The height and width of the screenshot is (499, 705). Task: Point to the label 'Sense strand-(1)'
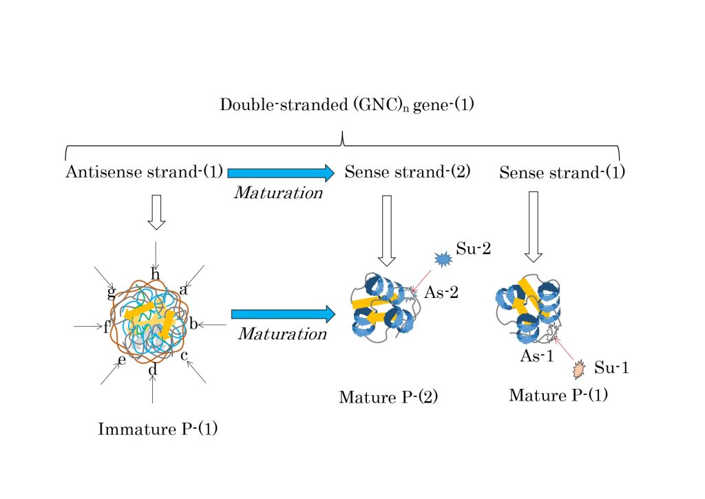point(562,172)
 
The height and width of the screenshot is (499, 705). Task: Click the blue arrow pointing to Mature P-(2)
point(283,314)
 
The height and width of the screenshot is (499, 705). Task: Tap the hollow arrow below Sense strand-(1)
point(533,226)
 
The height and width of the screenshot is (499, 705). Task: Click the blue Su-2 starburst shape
point(442,259)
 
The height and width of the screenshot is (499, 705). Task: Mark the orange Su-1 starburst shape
point(579,370)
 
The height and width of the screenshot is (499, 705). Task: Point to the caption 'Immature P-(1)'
point(158,430)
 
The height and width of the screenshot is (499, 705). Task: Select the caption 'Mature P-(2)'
point(388,397)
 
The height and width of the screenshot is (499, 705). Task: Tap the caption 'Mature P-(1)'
point(558,395)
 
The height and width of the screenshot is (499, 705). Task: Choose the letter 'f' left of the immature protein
point(107,327)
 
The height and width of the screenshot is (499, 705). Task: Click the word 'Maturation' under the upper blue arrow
point(278,193)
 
